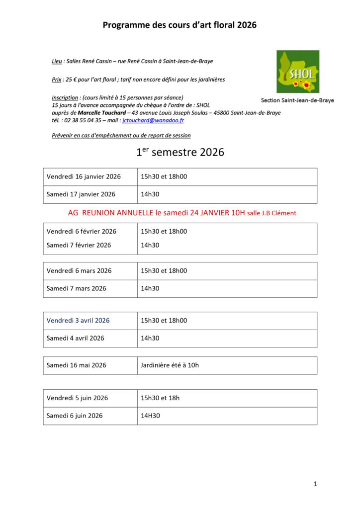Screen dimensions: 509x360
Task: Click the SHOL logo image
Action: click(298, 72)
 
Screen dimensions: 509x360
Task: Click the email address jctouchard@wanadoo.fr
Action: click(153, 120)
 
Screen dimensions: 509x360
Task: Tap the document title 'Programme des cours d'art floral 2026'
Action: click(180, 25)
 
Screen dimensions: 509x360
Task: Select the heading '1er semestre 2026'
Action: click(180, 152)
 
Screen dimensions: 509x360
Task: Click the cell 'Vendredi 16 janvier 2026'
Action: click(84, 176)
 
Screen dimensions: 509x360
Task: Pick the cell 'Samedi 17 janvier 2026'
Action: click(81, 194)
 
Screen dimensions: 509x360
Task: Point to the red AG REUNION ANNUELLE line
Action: click(181, 213)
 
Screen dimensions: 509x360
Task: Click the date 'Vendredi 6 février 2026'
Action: click(82, 231)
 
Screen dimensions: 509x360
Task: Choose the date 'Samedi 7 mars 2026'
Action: click(77, 288)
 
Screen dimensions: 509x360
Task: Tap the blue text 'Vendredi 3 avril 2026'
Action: click(78, 321)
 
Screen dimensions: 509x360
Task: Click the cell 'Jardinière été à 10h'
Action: click(170, 365)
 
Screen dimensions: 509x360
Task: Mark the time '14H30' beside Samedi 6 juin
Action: click(150, 416)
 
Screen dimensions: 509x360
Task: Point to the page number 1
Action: click(315, 484)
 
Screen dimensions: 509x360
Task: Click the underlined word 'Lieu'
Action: click(57, 61)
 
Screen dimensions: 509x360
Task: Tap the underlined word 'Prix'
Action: click(57, 79)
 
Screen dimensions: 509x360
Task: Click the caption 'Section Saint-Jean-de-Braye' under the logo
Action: click(297, 100)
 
